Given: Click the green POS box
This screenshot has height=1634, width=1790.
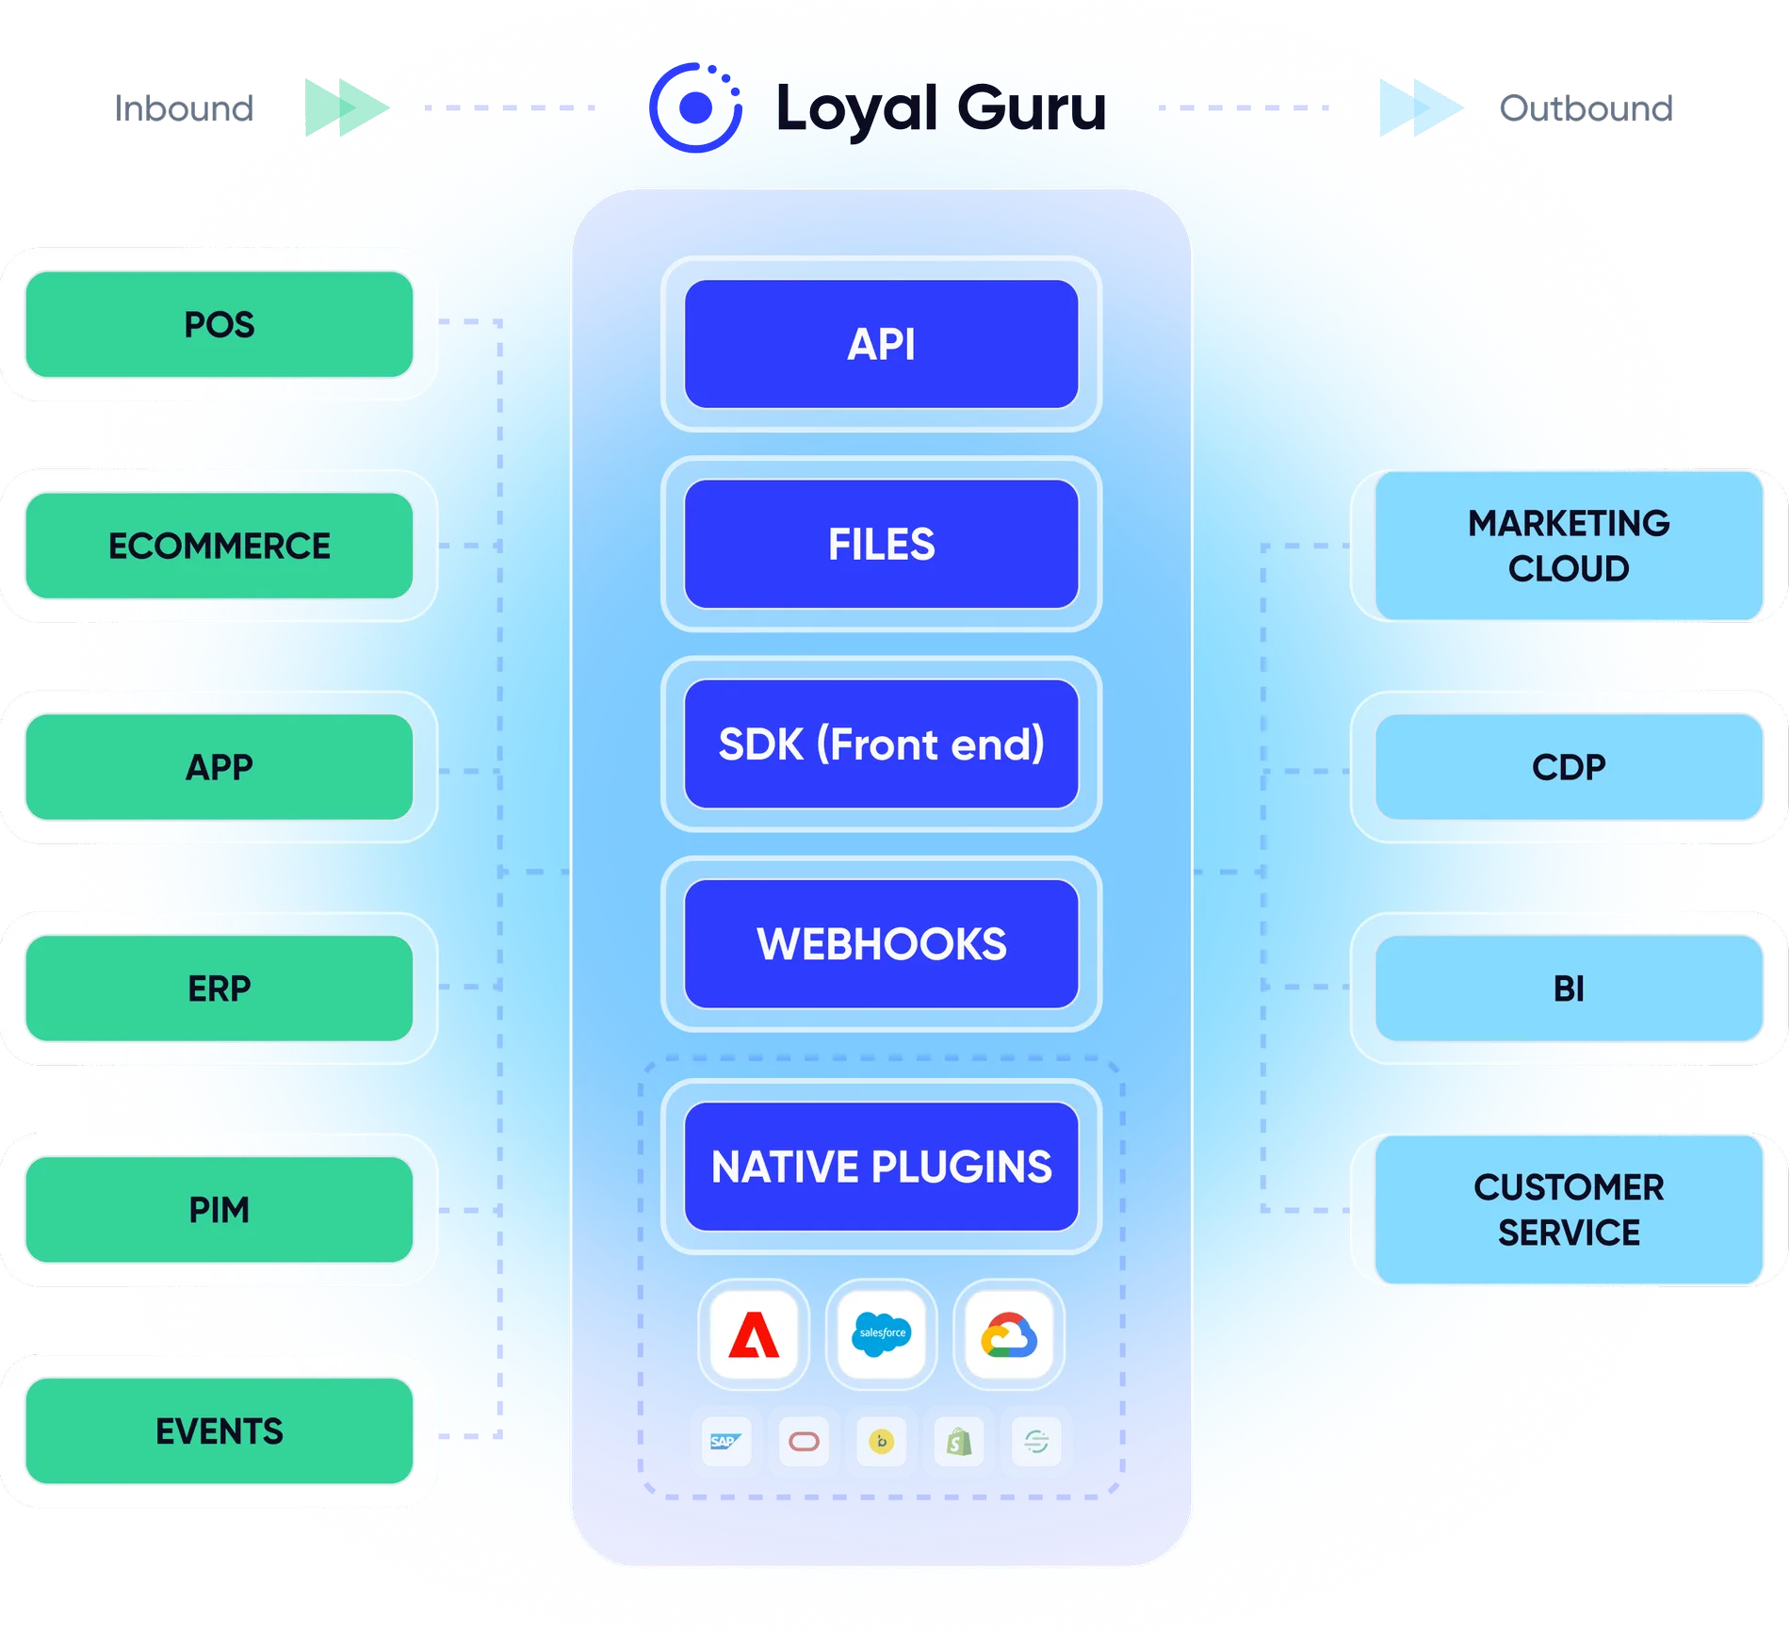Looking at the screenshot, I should [x=219, y=324].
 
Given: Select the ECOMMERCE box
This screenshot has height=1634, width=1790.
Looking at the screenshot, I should [x=219, y=546].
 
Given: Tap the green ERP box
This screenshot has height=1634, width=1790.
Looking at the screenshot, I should [x=219, y=989].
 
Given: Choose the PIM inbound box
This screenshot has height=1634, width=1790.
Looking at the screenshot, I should [x=219, y=1209].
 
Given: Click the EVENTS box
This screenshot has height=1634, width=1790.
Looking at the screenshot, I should [x=219, y=1430].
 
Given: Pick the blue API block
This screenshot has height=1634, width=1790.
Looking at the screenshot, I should [x=881, y=344].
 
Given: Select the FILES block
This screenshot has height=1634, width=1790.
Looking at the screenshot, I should [x=881, y=544].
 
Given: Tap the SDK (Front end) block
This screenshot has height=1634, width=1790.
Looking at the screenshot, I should [x=881, y=743].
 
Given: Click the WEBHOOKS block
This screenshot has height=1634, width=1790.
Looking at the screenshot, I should [x=881, y=943].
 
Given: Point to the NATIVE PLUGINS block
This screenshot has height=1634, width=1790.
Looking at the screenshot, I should [x=881, y=1166].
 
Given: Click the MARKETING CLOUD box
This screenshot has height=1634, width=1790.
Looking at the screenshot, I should [x=1568, y=546].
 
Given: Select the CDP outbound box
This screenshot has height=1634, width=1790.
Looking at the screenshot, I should [x=1568, y=767].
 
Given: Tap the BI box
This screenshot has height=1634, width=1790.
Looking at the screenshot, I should [x=1568, y=989].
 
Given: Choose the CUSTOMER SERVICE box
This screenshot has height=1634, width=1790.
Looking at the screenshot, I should [x=1568, y=1209].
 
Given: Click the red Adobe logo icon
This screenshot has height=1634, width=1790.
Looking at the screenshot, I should [x=754, y=1334].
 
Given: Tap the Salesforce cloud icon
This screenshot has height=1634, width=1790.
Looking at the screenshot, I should [x=881, y=1334].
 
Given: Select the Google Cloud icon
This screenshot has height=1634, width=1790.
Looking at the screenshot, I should [x=1009, y=1334].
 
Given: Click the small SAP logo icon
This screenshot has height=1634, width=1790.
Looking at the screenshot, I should [x=725, y=1441].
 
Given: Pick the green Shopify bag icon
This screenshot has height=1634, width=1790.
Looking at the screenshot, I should [x=959, y=1441].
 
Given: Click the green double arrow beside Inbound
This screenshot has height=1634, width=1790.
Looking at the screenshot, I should [x=345, y=107].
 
